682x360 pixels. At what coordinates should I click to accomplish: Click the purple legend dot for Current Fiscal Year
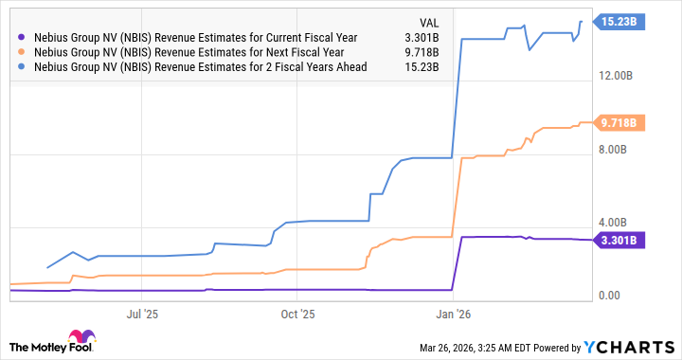(22, 37)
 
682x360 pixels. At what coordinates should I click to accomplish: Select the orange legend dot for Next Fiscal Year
(22, 53)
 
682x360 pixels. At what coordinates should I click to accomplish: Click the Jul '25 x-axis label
(140, 312)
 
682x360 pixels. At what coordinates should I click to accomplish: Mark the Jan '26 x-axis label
(455, 312)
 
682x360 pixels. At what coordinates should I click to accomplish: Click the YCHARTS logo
(636, 347)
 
